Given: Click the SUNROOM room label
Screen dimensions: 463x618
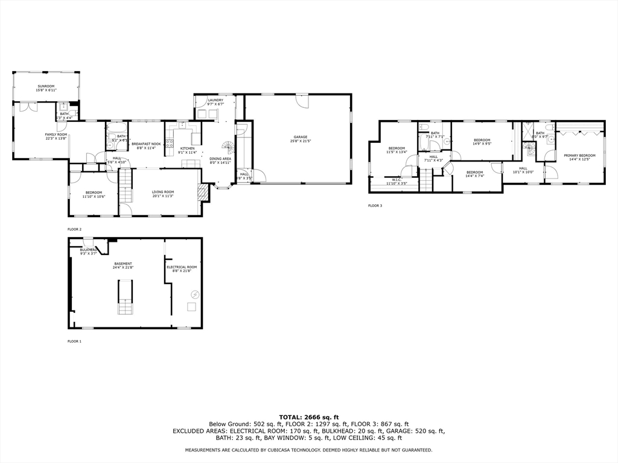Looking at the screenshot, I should point(46,86).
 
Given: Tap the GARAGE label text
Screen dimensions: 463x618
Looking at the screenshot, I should point(301,137).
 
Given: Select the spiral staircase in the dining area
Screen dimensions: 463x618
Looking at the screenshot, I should point(228,146).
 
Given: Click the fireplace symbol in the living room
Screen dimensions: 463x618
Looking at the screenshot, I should point(203,192).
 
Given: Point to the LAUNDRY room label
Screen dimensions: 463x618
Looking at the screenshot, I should point(215,100).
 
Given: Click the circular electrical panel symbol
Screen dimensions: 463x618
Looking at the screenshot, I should point(195,294).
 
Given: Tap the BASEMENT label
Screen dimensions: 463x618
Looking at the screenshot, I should point(123,263).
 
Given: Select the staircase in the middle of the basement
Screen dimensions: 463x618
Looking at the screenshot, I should point(124,300).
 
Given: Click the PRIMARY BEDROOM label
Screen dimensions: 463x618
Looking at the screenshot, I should point(579,156).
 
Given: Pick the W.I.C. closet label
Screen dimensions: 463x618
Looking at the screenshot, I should point(397,179).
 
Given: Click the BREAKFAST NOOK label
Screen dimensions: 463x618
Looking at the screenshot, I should point(146,143).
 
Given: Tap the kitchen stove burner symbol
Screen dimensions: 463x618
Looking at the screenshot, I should point(170,143).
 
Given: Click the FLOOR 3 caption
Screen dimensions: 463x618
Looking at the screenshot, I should point(375,206).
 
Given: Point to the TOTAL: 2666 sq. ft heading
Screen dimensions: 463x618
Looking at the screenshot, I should point(308,417).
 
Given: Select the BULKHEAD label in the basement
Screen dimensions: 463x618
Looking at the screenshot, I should point(88,250).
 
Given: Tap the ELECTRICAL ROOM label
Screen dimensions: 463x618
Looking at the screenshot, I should point(182,267).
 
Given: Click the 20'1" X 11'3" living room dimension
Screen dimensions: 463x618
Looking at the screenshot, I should point(162,196).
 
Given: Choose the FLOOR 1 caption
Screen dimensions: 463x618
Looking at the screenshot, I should point(74,341).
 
